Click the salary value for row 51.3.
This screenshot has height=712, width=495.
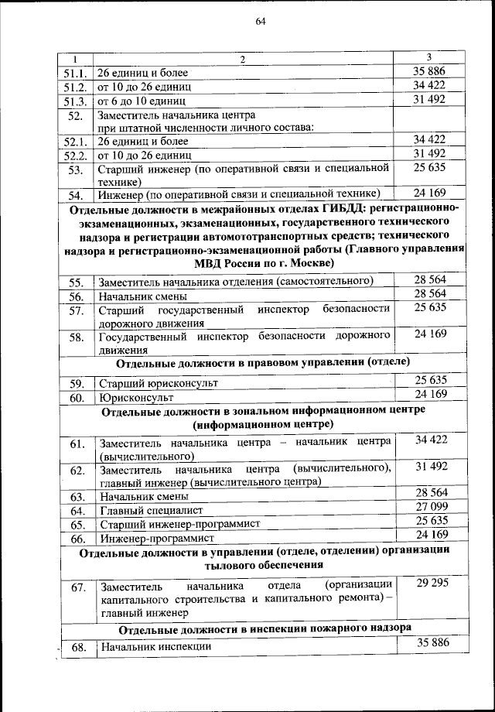coord(430,99)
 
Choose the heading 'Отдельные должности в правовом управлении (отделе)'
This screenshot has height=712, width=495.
coord(262,361)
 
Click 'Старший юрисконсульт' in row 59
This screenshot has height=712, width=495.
coord(158,382)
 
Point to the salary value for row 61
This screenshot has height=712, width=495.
coord(431,440)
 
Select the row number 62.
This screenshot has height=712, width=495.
coord(76,470)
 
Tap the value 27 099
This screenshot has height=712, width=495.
coord(431,506)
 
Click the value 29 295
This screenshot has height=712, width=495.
coord(431,583)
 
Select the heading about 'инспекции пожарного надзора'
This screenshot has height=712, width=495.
coord(265,626)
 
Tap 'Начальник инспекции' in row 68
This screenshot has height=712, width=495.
coord(154,646)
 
